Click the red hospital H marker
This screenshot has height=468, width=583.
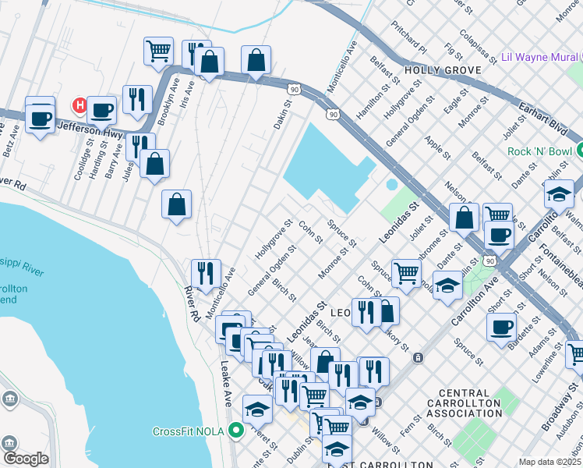tap(79, 105)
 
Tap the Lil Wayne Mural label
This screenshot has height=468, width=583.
tap(540, 57)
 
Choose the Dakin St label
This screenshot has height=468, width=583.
tap(281, 117)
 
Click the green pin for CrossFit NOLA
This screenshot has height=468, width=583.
tap(235, 431)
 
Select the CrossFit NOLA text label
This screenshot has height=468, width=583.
tap(188, 431)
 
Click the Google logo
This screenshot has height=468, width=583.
tap(26, 459)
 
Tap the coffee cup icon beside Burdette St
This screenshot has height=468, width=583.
tap(502, 326)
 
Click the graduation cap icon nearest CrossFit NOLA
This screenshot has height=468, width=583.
tap(258, 408)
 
